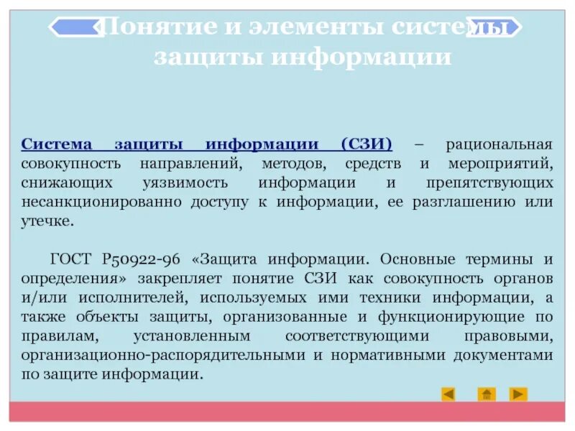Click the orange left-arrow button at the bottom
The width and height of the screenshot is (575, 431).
click(x=448, y=394)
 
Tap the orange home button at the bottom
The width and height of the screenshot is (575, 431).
click(x=487, y=394)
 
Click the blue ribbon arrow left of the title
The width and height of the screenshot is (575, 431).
click(x=75, y=27)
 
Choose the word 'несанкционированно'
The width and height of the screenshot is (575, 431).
click(x=102, y=202)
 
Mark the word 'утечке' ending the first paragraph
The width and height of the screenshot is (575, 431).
click(x=47, y=221)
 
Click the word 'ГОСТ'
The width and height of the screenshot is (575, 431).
click(x=70, y=259)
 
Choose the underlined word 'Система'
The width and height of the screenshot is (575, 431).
click(x=53, y=144)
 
